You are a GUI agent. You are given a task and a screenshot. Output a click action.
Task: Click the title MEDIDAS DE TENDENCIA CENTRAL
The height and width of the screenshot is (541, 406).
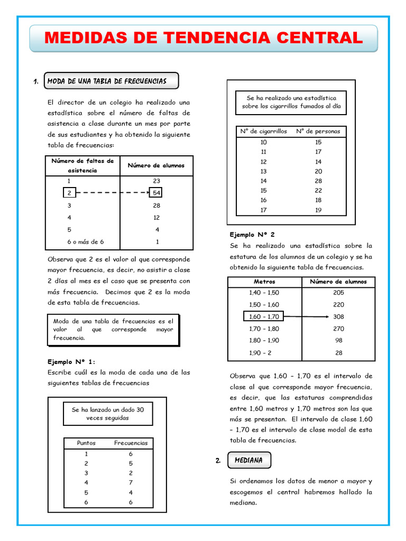click(204, 38)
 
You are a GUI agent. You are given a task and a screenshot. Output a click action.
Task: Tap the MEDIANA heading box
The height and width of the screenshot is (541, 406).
click(249, 460)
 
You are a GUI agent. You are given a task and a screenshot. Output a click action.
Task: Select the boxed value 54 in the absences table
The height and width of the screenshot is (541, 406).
click(156, 193)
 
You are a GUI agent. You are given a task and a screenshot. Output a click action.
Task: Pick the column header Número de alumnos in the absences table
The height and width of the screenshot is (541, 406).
click(156, 165)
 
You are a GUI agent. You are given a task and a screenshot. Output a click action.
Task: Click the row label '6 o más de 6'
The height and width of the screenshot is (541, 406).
click(85, 242)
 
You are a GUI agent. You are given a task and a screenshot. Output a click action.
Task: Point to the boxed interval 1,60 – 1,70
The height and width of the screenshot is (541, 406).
click(264, 316)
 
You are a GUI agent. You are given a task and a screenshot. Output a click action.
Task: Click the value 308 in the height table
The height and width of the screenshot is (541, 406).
click(338, 316)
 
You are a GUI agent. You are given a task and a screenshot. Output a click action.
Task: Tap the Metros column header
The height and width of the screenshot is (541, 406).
click(264, 282)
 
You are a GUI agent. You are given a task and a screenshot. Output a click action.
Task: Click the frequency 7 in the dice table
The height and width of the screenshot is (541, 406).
click(131, 482)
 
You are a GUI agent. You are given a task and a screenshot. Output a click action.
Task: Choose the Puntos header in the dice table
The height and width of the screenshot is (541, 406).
click(86, 443)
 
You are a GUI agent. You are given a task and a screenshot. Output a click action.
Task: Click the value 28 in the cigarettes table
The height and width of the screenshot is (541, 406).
click(318, 181)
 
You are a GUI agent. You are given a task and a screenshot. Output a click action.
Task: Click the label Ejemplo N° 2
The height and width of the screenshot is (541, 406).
click(252, 234)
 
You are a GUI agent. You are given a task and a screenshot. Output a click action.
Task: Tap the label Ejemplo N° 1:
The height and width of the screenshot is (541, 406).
click(71, 362)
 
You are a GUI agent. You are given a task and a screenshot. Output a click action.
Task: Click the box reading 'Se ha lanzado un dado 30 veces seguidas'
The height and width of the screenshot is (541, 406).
click(107, 414)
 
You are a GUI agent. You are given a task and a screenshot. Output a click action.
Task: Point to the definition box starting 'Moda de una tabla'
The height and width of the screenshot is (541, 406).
click(113, 329)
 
